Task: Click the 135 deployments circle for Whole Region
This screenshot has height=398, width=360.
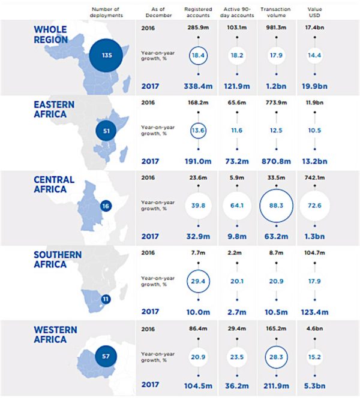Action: pos(106,55)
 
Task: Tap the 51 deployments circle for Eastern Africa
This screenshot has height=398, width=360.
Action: pos(106,131)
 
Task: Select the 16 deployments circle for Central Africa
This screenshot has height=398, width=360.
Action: pos(106,206)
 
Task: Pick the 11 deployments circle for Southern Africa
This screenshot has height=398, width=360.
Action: pos(106,299)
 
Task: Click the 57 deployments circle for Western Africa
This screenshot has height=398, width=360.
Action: pos(106,356)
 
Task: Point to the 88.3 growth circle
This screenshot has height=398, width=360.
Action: pos(276,189)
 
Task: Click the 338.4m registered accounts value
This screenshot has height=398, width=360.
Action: pos(198,86)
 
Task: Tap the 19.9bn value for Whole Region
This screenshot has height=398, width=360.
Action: pos(314,86)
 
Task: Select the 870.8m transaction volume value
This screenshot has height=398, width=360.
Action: pos(276,161)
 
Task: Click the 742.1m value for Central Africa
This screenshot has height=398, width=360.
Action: pos(314,177)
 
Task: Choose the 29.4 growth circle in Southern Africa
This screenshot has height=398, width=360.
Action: pos(198,270)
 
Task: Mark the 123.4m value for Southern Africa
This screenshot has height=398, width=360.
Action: pos(314,312)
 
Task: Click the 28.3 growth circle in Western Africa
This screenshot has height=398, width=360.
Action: pos(276,346)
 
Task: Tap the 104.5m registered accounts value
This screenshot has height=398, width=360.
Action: pos(198,386)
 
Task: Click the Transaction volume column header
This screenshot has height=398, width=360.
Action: pos(275,12)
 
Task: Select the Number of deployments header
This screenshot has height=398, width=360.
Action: pos(106,12)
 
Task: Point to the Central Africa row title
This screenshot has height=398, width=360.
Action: pos(54,185)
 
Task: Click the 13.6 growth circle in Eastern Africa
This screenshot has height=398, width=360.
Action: pos(198,123)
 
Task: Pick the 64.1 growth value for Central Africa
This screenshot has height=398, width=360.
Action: pos(237,206)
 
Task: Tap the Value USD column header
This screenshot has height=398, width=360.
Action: pos(314,12)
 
